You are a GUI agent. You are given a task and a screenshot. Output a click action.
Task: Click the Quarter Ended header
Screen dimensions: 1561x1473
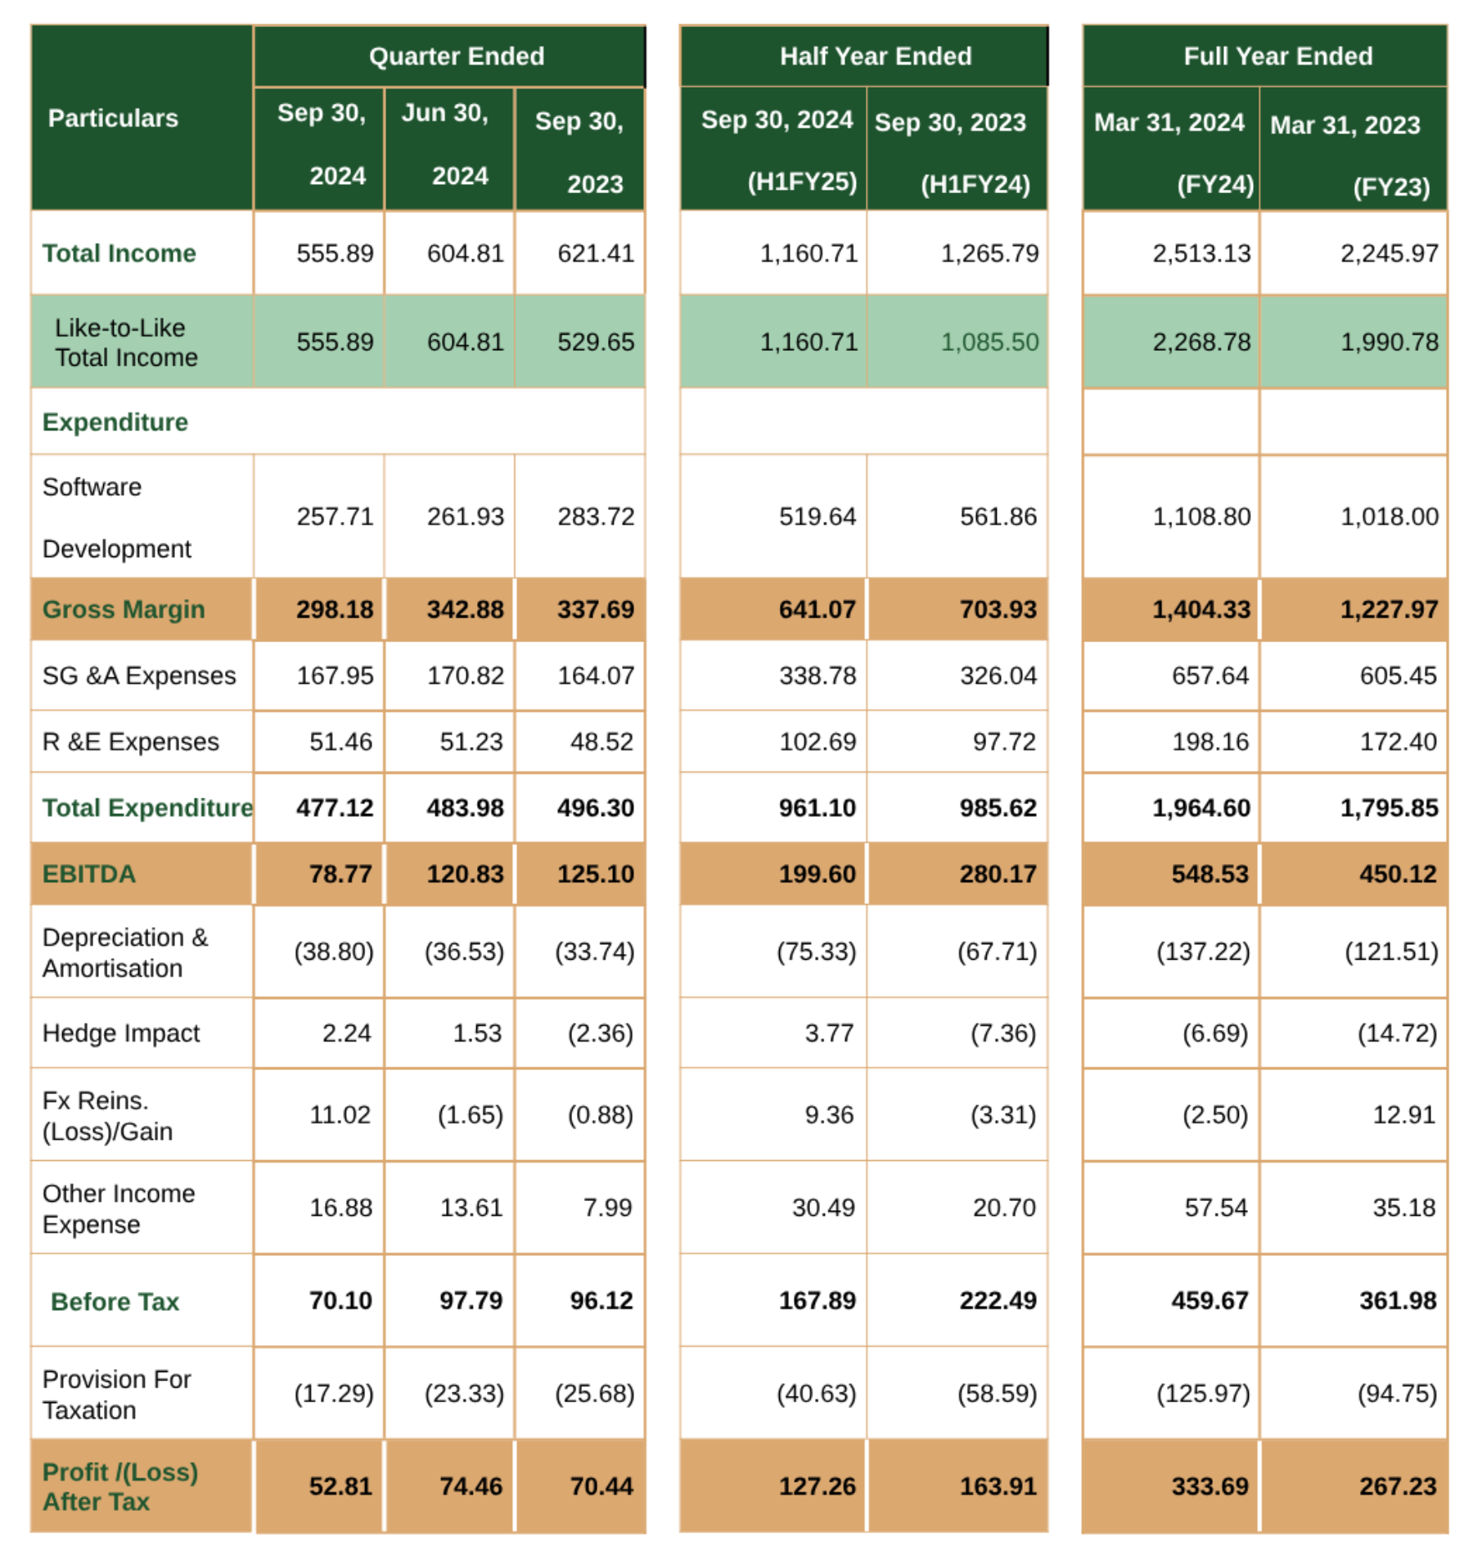tap(456, 56)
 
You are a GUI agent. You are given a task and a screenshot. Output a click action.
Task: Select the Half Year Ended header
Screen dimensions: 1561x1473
tap(875, 56)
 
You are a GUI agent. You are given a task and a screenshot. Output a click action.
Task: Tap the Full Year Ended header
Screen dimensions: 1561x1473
tap(1277, 56)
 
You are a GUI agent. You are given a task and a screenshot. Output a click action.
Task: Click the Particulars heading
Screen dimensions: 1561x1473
tap(113, 119)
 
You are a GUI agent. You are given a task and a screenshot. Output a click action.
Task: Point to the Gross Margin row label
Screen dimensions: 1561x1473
tap(124, 610)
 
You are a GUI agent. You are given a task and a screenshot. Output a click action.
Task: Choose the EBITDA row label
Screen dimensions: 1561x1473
tap(88, 874)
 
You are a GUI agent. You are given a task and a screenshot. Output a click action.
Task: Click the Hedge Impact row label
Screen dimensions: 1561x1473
tap(121, 1033)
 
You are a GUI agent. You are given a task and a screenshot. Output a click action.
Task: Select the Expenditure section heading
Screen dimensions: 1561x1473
tap(115, 422)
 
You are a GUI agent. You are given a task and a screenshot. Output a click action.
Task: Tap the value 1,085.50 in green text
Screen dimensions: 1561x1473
tap(989, 342)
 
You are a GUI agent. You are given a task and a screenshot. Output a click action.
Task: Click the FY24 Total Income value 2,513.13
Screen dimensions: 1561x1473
tap(1201, 254)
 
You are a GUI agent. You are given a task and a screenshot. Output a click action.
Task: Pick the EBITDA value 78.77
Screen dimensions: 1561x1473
tap(340, 874)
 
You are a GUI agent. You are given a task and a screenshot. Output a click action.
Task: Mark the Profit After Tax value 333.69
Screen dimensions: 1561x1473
tap(1209, 1486)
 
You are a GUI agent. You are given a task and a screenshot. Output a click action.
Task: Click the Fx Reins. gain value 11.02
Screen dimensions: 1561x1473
tap(340, 1114)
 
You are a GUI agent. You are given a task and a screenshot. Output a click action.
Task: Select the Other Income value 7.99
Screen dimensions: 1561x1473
tap(607, 1208)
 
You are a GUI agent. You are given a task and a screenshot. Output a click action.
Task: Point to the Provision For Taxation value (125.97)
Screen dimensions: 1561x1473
tap(1203, 1393)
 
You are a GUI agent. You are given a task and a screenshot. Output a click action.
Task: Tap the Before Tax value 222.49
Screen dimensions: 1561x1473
tap(998, 1301)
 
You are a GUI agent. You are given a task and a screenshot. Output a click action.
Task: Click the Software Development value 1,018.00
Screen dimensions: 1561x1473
tap(1389, 517)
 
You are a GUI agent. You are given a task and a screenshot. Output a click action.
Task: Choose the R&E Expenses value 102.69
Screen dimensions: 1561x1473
tap(817, 742)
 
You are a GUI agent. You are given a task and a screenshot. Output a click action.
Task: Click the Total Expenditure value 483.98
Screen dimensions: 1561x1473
tap(465, 808)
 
